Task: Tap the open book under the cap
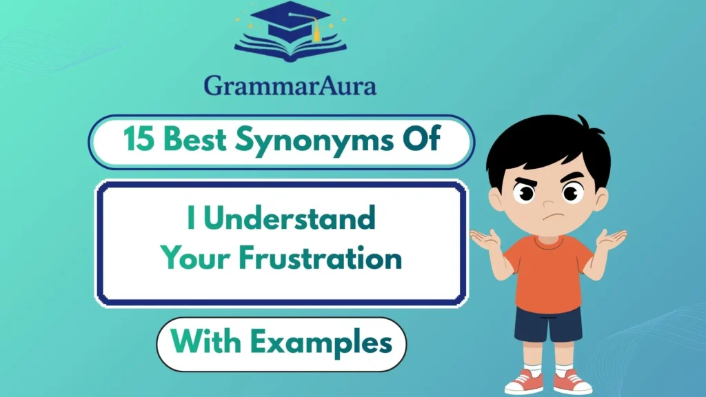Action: click(290, 48)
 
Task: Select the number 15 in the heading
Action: click(138, 142)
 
